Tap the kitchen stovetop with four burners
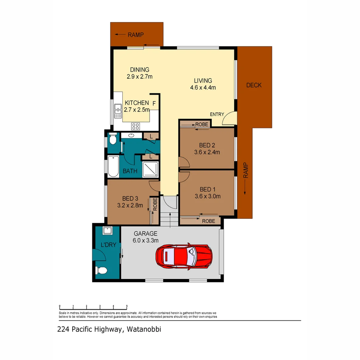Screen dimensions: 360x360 (x=136, y=126)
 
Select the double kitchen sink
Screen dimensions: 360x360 (x=118, y=111)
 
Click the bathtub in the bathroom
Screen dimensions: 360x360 (x=113, y=167)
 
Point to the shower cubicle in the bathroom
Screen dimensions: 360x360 (x=151, y=169)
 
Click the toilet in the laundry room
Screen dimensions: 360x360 (x=102, y=271)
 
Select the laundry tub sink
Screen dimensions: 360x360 (x=107, y=230)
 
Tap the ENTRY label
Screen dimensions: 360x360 (x=217, y=114)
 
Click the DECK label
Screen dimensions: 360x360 (x=254, y=85)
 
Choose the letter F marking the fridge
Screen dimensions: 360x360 (x=154, y=104)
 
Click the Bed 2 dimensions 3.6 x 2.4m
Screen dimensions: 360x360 (x=207, y=152)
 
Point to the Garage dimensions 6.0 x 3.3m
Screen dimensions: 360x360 (x=146, y=240)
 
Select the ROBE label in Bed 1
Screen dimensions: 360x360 (x=209, y=221)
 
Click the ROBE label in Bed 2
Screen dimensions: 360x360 (x=202, y=124)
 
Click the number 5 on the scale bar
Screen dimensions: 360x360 (x=127, y=306)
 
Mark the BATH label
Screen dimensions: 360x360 (x=130, y=171)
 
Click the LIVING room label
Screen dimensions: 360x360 (x=203, y=81)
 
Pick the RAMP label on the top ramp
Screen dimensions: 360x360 (x=136, y=34)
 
